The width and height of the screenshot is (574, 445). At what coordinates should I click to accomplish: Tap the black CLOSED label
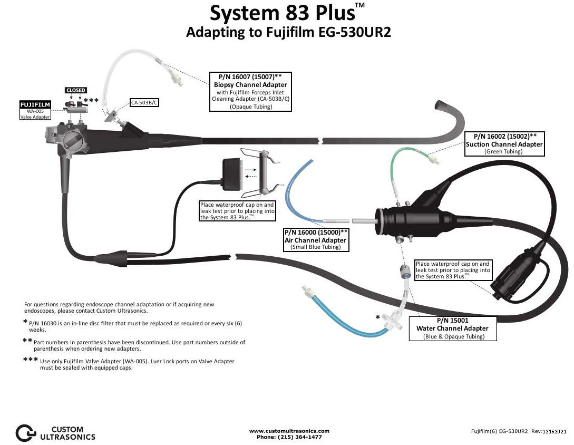pos(75,90)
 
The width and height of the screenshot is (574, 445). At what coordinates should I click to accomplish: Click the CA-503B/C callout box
pos(144,102)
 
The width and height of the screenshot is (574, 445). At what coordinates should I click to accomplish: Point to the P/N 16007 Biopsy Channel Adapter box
pos(250,91)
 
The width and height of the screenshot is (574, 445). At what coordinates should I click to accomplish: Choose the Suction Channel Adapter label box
pos(504,143)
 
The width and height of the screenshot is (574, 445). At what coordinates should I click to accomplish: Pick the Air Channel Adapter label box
pos(316,239)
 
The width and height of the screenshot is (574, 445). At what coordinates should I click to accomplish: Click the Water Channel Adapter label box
pos(453,328)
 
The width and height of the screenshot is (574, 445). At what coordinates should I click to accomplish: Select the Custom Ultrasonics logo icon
pos(25,432)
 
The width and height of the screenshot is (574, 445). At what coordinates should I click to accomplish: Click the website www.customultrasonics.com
pos(289,431)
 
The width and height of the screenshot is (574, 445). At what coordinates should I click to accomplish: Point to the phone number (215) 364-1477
pos(289,437)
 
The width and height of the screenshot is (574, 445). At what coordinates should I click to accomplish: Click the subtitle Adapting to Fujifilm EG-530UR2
pos(288,32)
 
